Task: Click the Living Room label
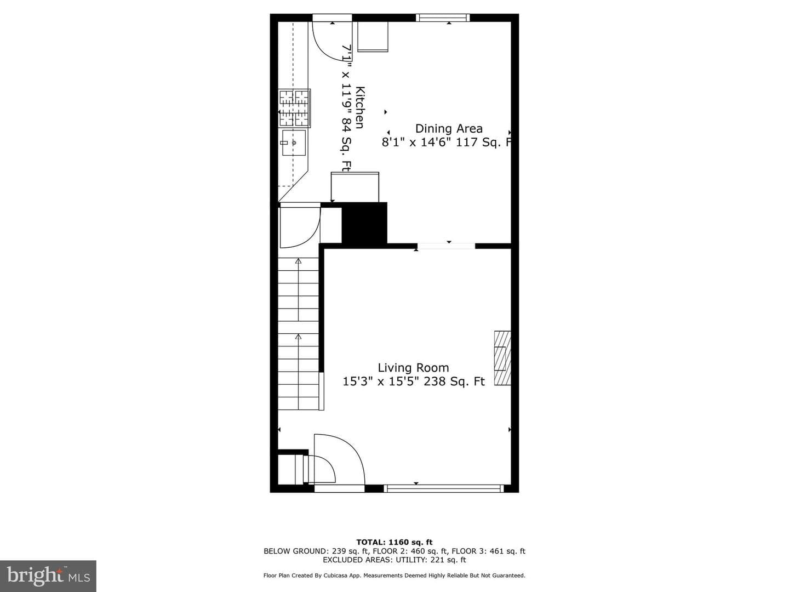pos(413,368)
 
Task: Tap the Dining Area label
pos(449,129)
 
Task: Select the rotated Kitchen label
pos(360,107)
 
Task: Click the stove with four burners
pos(294,108)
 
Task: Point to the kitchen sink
pos(294,143)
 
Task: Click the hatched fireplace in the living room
pos(502,358)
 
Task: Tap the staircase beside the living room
pos(299,334)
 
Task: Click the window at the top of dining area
pos(443,18)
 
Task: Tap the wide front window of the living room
pos(444,488)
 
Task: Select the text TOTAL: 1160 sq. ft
pos(395,542)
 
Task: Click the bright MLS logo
pos(48,576)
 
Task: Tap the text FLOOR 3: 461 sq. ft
pos(489,551)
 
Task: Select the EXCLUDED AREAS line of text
pos(395,560)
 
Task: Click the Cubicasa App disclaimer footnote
pos(395,576)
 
